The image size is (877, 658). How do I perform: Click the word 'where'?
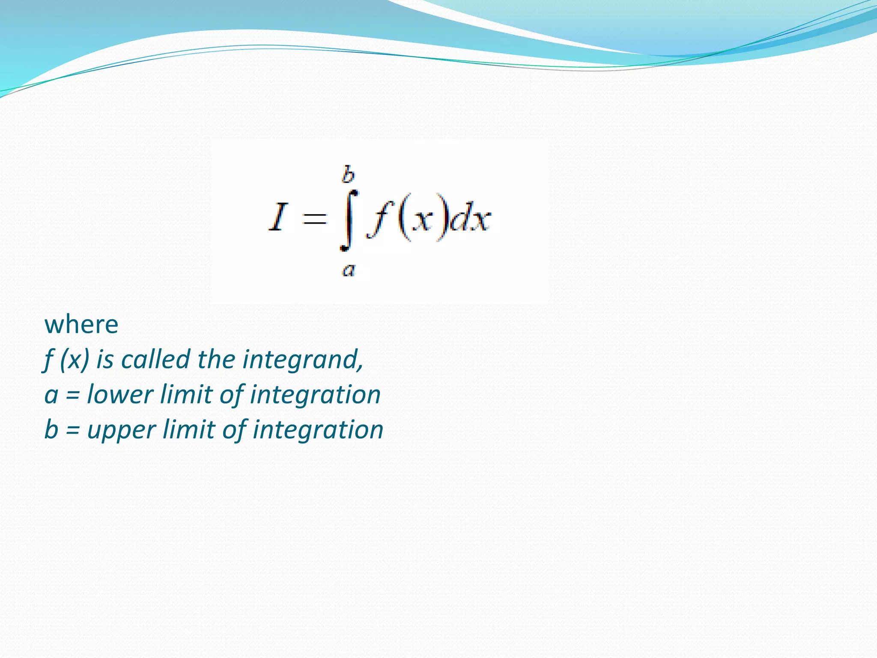click(81, 324)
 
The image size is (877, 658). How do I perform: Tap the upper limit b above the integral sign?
click(348, 175)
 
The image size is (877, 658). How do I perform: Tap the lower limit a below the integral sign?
click(349, 270)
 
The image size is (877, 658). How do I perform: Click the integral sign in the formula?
click(349, 220)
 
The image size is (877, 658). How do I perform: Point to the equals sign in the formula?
click(314, 219)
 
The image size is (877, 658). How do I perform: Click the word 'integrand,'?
click(303, 360)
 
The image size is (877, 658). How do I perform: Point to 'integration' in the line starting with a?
click(315, 395)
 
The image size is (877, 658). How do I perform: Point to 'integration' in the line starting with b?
click(318, 430)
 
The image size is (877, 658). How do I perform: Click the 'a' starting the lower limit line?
click(51, 395)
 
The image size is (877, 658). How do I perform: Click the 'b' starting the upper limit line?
click(51, 429)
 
